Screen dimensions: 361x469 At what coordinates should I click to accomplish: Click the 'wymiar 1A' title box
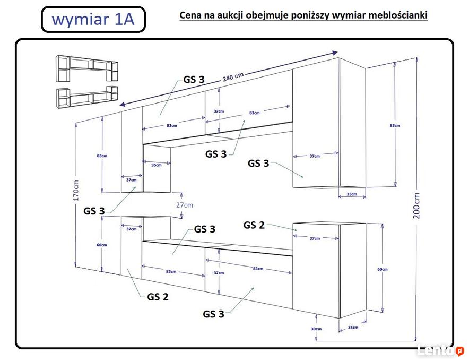93,20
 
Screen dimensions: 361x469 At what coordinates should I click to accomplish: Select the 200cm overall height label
416,206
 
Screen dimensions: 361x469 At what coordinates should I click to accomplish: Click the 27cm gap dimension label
185,205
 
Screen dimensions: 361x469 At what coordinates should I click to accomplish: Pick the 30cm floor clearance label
316,329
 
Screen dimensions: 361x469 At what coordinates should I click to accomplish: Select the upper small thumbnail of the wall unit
88,68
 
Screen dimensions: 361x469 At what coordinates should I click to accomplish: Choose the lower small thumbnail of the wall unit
88,96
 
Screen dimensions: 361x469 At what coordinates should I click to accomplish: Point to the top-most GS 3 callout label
194,80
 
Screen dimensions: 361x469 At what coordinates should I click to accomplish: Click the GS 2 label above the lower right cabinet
254,225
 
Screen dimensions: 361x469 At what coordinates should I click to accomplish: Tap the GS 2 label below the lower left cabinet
158,297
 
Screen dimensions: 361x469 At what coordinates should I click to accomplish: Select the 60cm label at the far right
382,269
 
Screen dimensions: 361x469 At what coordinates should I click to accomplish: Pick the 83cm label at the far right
395,125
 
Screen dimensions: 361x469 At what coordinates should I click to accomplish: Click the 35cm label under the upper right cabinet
352,194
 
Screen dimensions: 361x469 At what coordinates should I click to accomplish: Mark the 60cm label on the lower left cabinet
102,245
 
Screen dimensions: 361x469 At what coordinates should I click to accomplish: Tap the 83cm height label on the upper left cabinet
102,156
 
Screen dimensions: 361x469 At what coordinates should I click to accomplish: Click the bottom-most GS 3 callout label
213,314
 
